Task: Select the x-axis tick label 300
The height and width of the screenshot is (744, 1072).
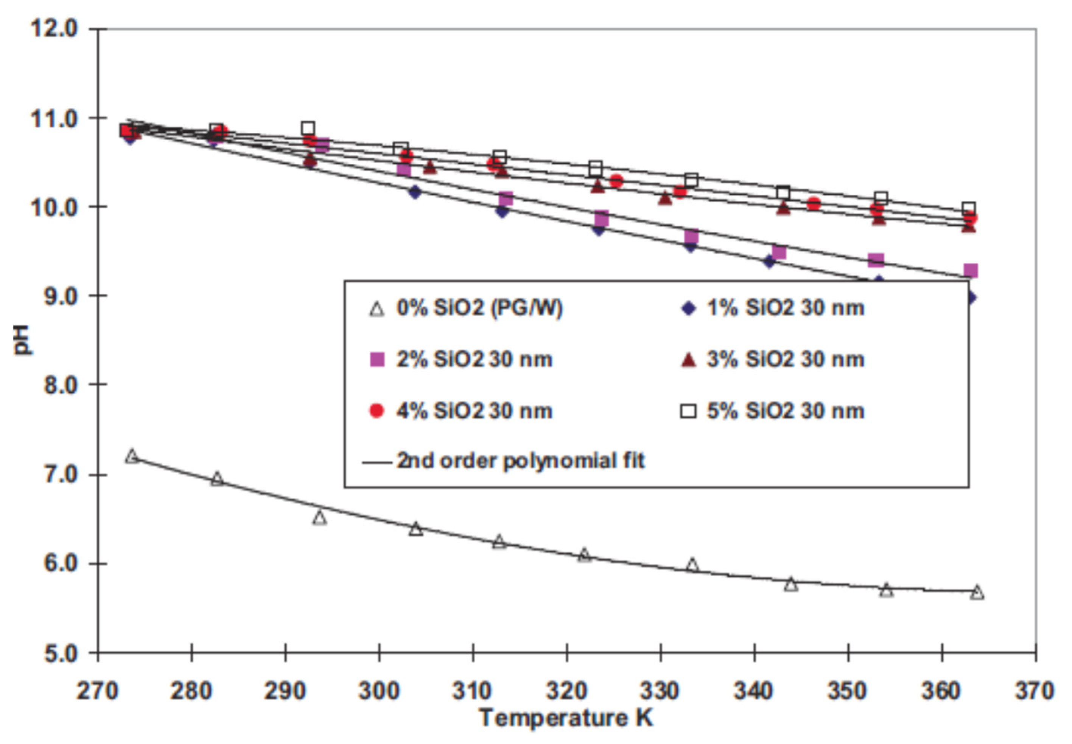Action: pos(379,691)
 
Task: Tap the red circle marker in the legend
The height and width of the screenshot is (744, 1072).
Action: pos(377,411)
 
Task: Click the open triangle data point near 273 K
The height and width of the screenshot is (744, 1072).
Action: pos(132,456)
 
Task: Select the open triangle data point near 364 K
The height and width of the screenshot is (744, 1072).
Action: pos(977,592)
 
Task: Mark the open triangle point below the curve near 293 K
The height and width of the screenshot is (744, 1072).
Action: pos(319,518)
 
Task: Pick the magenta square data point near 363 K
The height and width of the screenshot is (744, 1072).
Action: pos(970,270)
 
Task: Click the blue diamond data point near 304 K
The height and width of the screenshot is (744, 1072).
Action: pos(415,192)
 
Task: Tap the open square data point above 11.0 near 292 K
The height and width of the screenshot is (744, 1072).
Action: pos(307,128)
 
